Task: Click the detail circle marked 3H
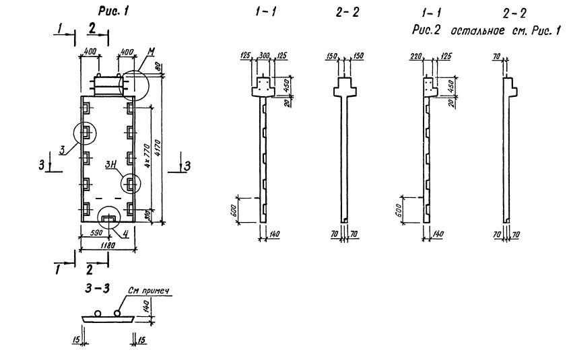click(131, 183)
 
